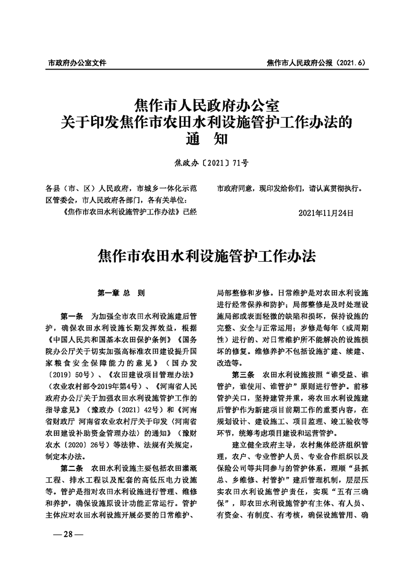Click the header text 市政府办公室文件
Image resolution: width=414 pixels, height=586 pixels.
point(77,63)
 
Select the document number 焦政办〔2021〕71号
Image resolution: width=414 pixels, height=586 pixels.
point(207,163)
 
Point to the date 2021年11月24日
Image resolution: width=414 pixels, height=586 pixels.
point(326,213)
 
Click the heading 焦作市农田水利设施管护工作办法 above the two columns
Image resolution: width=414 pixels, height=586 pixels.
point(207,257)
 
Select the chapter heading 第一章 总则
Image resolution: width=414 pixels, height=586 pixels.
point(121,294)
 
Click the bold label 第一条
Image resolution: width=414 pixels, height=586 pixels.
point(73,317)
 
